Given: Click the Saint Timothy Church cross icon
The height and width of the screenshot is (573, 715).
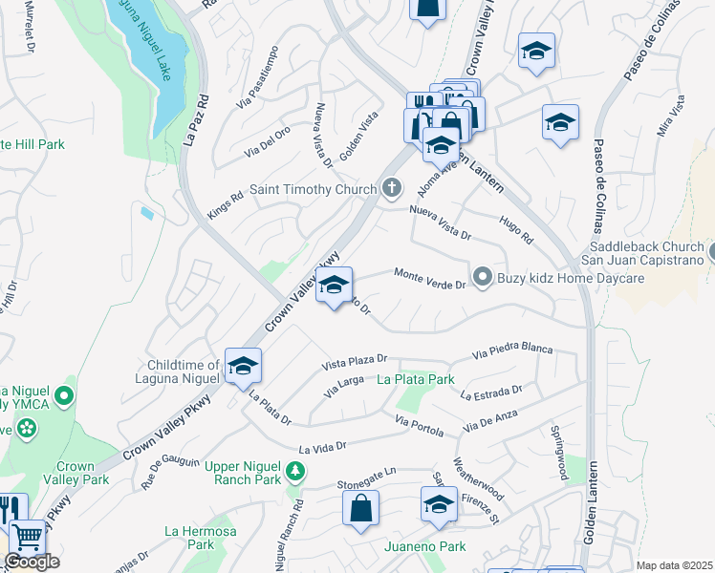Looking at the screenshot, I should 391,189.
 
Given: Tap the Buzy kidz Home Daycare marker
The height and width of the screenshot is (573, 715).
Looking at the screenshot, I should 484,278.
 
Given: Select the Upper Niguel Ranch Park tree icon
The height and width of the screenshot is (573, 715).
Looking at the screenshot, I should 295,470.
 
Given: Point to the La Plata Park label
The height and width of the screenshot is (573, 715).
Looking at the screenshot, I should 416,379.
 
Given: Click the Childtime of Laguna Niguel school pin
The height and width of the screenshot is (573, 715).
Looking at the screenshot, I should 243,365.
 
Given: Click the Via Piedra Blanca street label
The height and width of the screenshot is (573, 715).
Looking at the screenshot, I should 512,350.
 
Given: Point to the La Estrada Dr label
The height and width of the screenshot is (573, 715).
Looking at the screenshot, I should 491,393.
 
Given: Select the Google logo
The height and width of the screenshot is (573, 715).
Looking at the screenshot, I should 32,562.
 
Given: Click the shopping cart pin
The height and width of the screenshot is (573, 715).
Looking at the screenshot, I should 26,539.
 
